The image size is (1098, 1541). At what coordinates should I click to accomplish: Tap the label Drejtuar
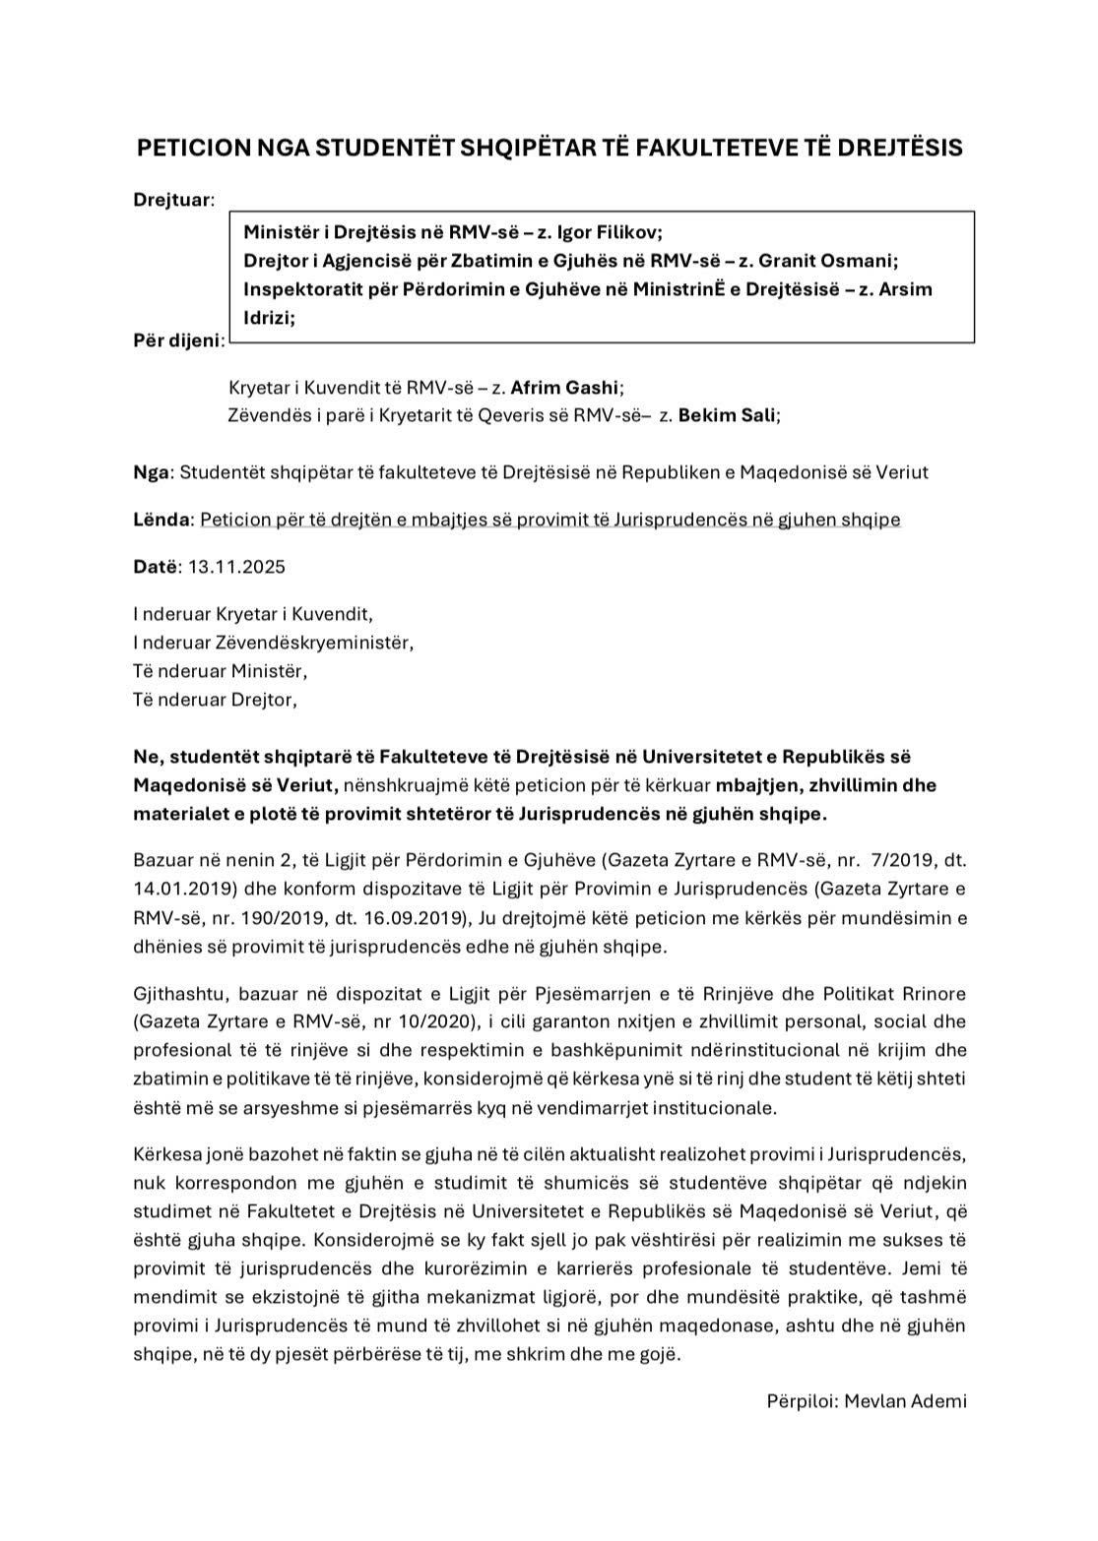pyautogui.click(x=172, y=200)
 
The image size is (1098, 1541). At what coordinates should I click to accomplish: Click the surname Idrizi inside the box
pyautogui.click(x=267, y=318)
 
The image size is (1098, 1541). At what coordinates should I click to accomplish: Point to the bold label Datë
pyautogui.click(x=156, y=567)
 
